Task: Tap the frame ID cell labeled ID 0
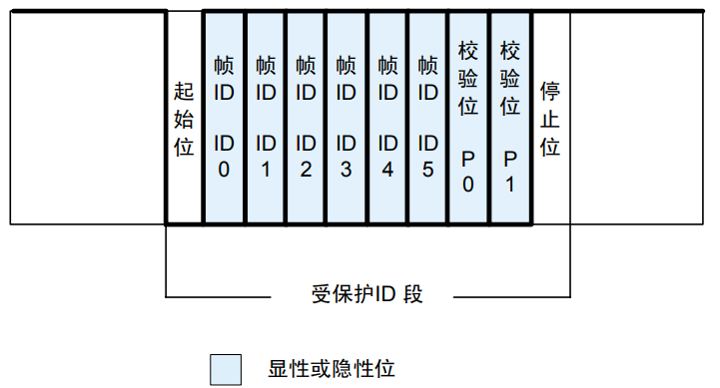[224, 118]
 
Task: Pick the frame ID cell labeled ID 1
[265, 118]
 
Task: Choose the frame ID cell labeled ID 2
[306, 118]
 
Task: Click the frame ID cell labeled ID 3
[347, 118]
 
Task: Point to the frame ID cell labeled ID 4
[387, 118]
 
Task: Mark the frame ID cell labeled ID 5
[428, 118]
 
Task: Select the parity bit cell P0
[469, 118]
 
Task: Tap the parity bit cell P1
[510, 118]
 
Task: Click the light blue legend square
[225, 369]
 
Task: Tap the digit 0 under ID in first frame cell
[224, 169]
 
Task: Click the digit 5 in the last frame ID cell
[428, 169]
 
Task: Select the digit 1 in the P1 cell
[510, 184]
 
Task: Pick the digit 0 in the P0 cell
[469, 184]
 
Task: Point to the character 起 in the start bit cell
[183, 93]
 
